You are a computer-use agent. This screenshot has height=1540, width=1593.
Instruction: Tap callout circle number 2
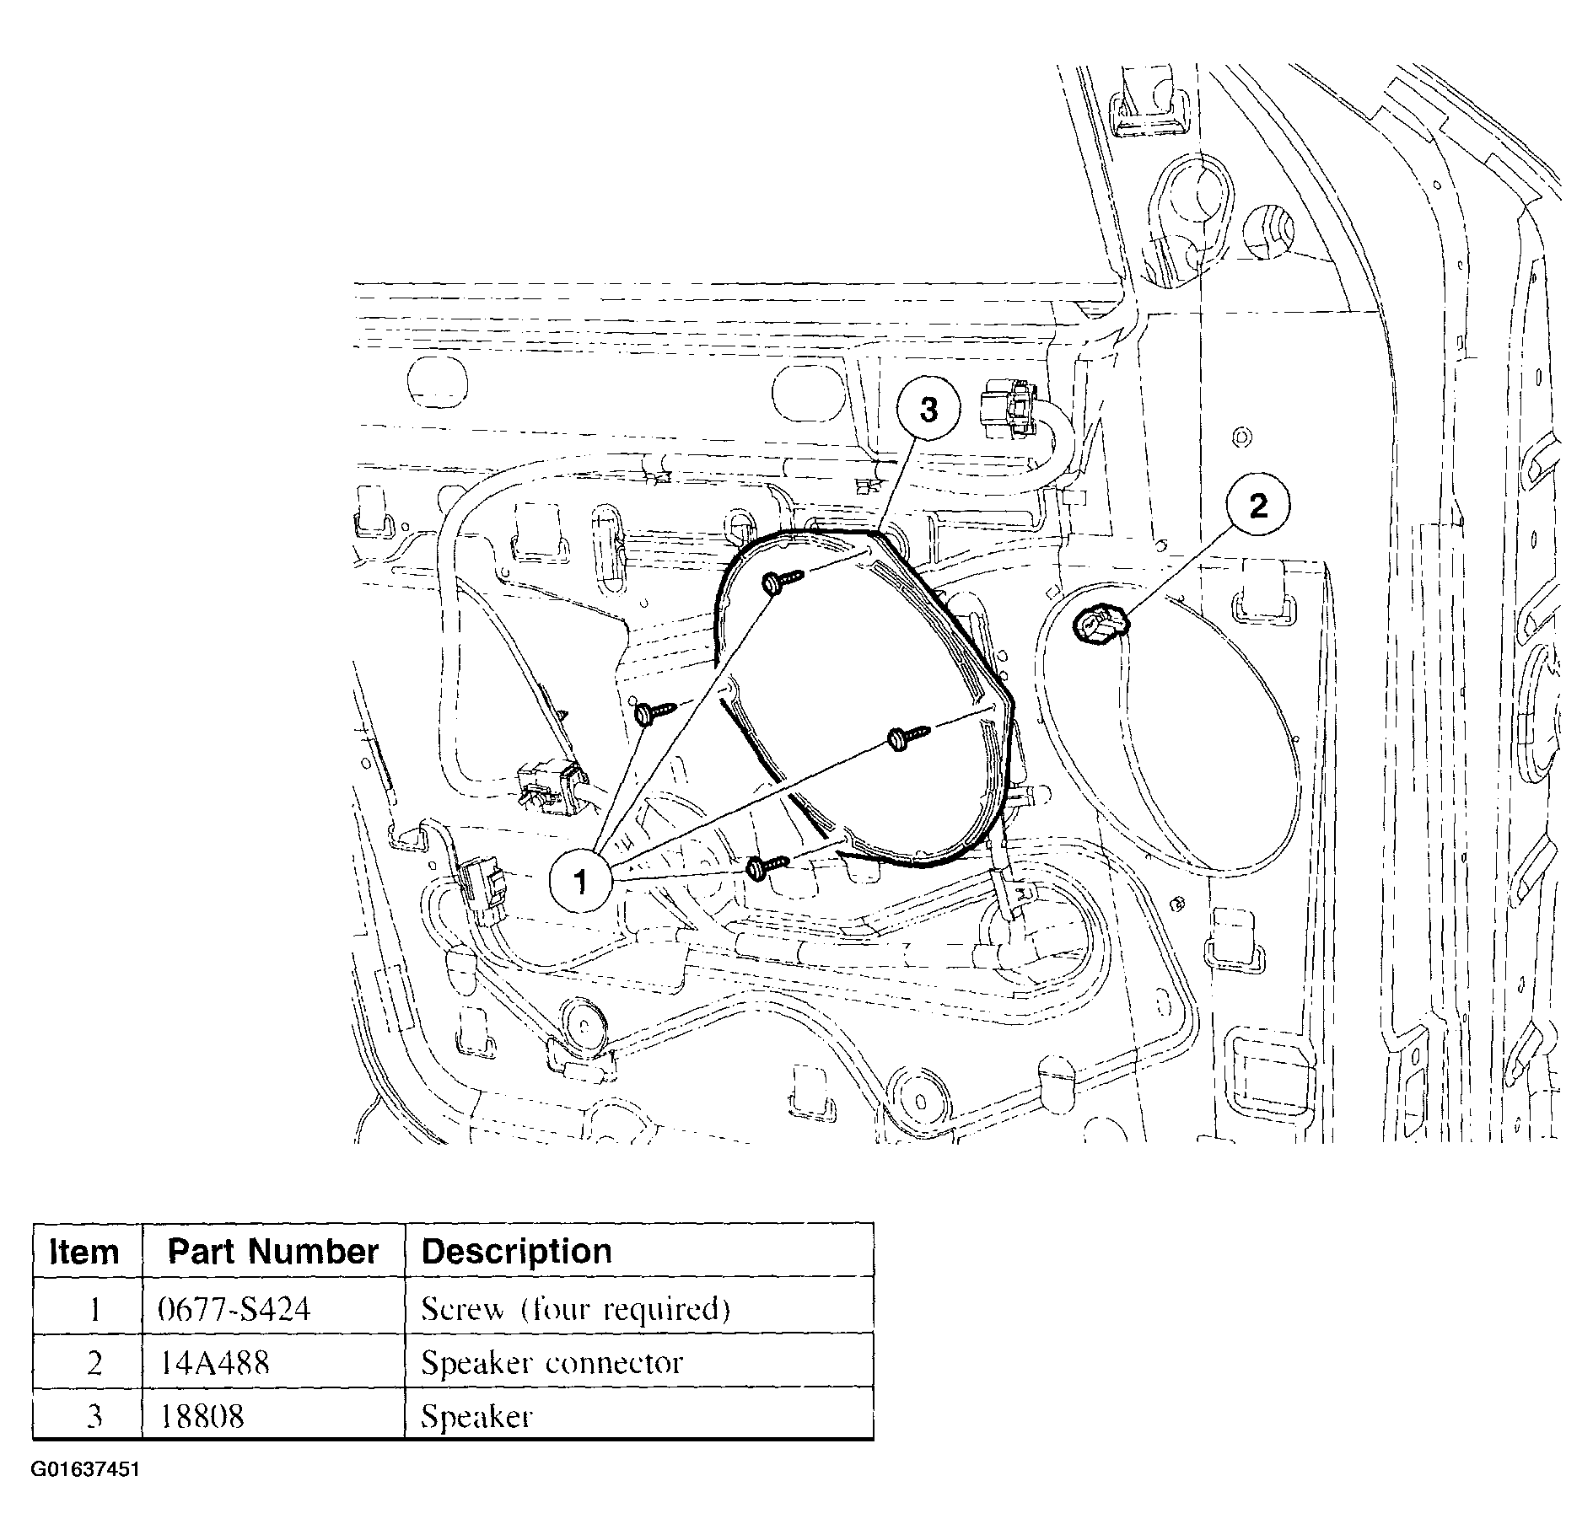pyautogui.click(x=1257, y=507)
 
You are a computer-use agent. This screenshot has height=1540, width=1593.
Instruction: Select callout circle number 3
pyautogui.click(x=928, y=410)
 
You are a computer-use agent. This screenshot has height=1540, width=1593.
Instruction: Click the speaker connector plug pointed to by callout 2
pyautogui.click(x=1099, y=626)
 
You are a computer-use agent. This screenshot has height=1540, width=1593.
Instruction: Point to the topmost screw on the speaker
pyautogui.click(x=783, y=581)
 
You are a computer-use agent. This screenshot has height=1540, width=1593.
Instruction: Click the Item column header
pyautogui.click(x=84, y=1252)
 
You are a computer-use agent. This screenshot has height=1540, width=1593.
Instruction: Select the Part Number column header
pyautogui.click(x=273, y=1252)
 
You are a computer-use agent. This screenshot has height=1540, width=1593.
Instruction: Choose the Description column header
pyautogui.click(x=516, y=1252)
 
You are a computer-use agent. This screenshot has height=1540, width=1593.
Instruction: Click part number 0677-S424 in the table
pyautogui.click(x=234, y=1308)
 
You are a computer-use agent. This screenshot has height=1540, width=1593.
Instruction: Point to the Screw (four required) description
pyautogui.click(x=575, y=1309)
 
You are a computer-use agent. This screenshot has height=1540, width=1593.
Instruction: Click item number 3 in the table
pyautogui.click(x=94, y=1416)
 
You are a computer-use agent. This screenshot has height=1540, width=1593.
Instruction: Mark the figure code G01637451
pyautogui.click(x=86, y=1469)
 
